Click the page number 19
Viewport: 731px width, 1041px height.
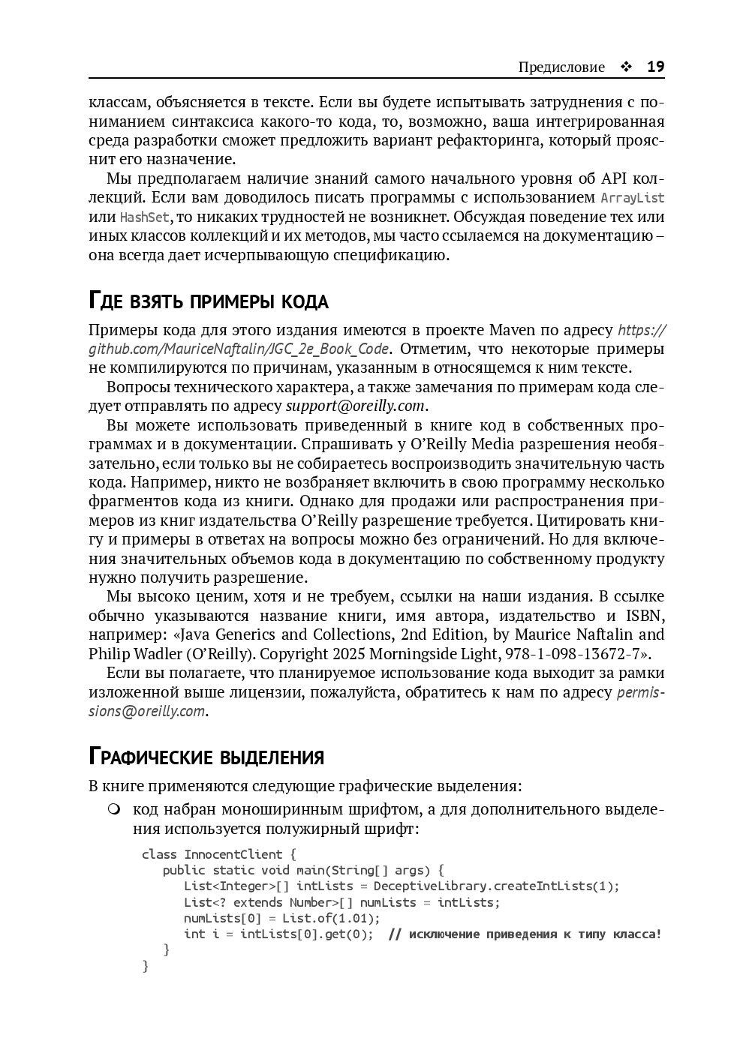coord(655,67)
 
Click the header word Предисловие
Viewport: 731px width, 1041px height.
coord(561,67)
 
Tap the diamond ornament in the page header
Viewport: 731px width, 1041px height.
coord(626,67)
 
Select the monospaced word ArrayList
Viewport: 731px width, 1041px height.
coord(633,198)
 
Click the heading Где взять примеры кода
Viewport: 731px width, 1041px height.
coord(209,301)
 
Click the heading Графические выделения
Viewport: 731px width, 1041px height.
coord(206,756)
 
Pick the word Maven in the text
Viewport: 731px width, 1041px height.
coord(513,330)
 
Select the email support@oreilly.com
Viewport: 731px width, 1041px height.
coord(356,406)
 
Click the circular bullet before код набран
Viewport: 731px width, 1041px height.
coord(113,809)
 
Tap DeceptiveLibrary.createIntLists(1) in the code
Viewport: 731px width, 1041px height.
coord(496,886)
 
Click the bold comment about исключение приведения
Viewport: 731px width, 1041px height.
coord(525,934)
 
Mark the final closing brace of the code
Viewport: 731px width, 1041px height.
coord(146,966)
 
